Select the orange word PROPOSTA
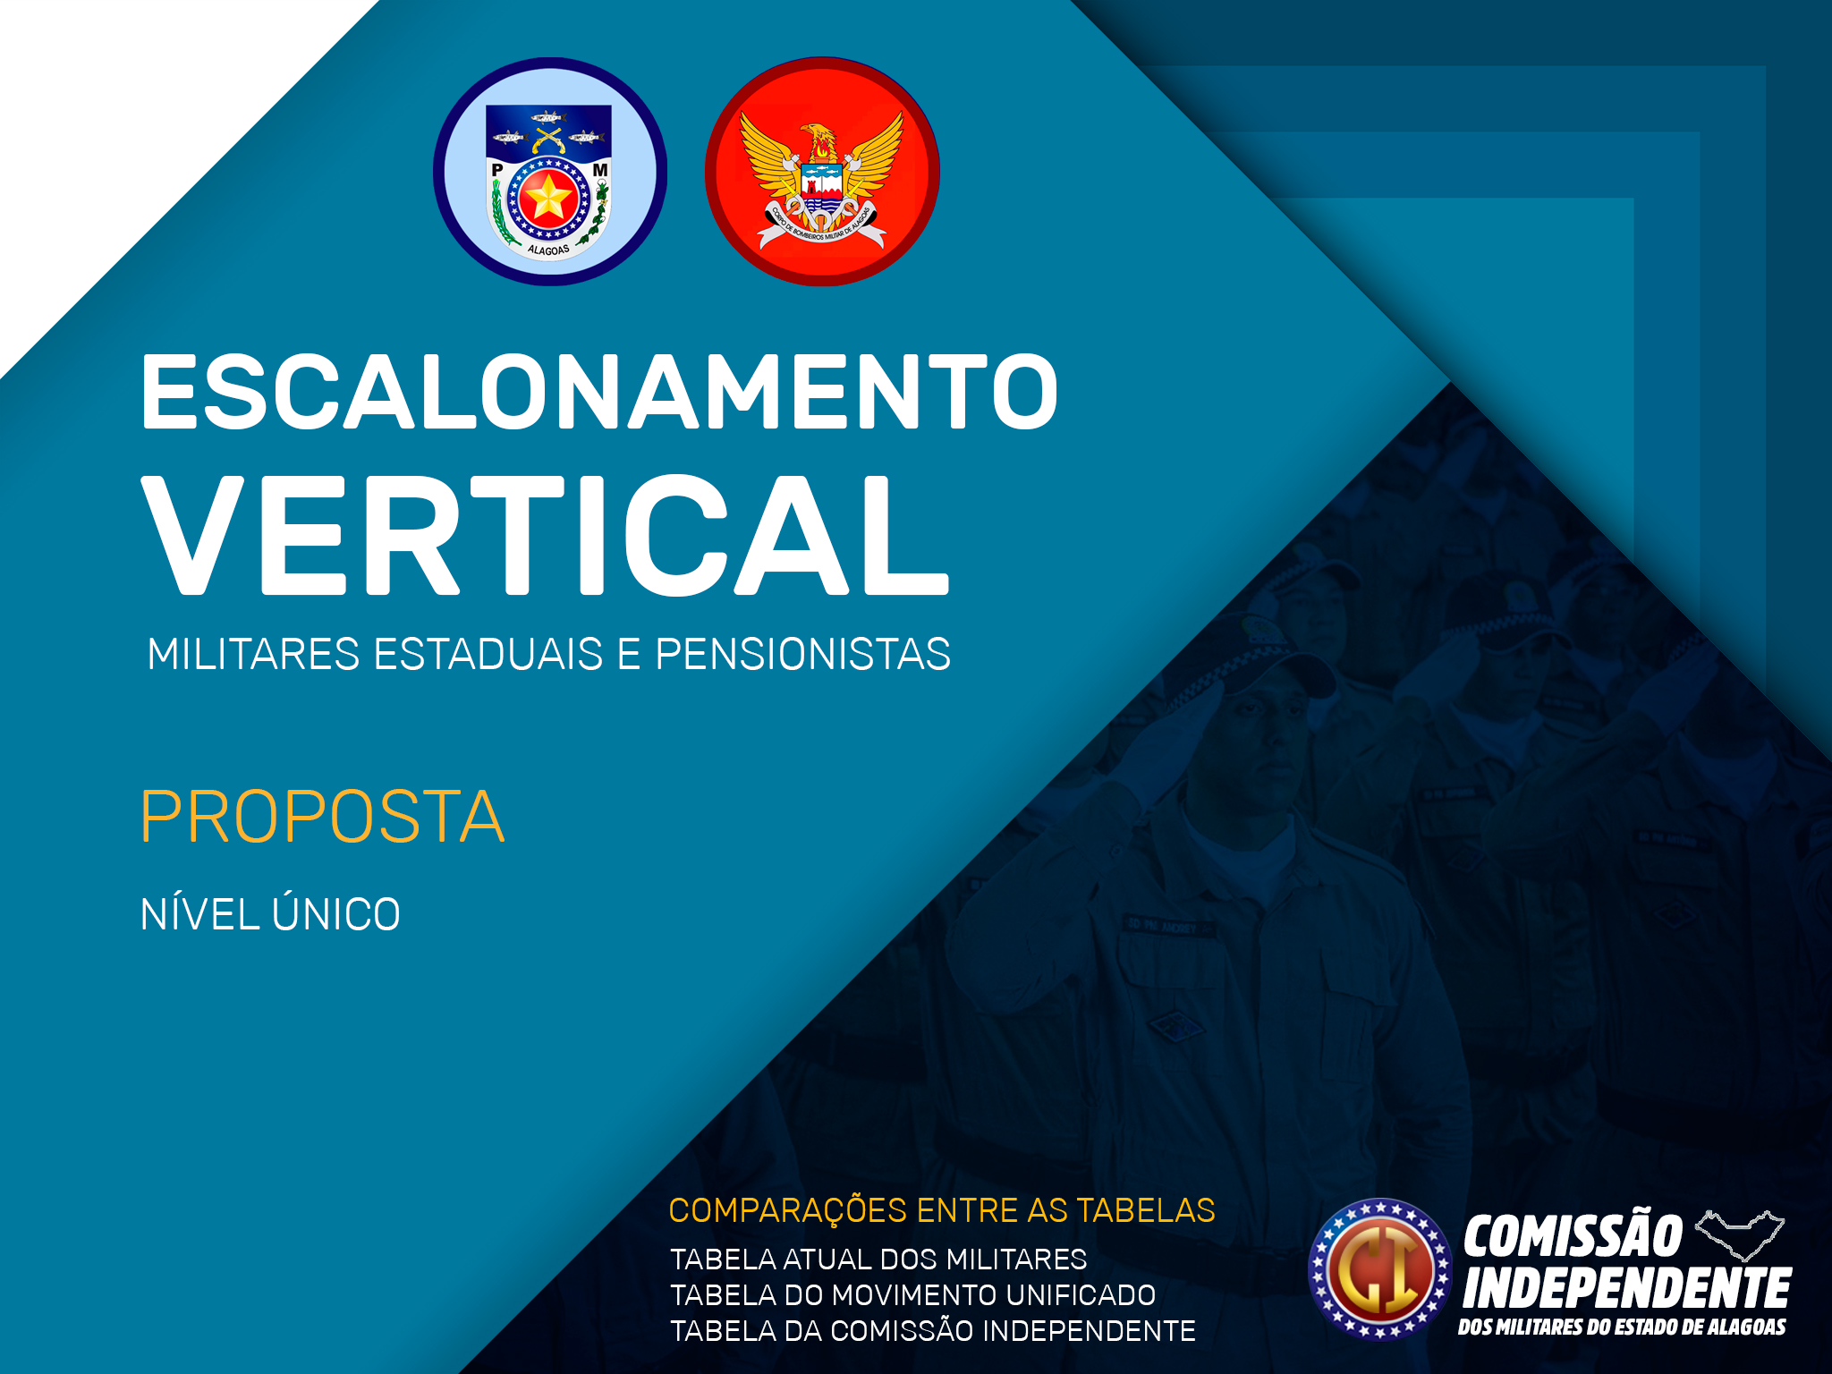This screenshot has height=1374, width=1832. click(x=323, y=817)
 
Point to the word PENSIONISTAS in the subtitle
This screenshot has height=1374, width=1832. click(x=803, y=654)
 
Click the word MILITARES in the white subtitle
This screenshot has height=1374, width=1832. click(x=253, y=654)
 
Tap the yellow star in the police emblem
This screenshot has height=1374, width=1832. click(x=547, y=198)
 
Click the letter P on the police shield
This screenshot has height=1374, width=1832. click(x=497, y=170)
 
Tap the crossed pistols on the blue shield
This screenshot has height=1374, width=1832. click(x=547, y=139)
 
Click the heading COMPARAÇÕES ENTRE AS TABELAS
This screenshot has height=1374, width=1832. click(x=942, y=1210)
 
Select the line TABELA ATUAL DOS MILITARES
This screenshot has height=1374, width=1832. click(x=878, y=1259)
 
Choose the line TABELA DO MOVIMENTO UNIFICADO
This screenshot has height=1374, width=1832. click(x=913, y=1295)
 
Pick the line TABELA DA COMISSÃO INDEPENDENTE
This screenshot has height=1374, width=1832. click(x=933, y=1331)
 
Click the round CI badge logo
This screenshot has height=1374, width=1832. click(x=1380, y=1269)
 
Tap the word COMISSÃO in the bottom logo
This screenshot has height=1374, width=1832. click(x=1573, y=1236)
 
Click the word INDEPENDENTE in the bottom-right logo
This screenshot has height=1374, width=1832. click(x=1626, y=1288)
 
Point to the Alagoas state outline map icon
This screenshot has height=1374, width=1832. click(x=1740, y=1234)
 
